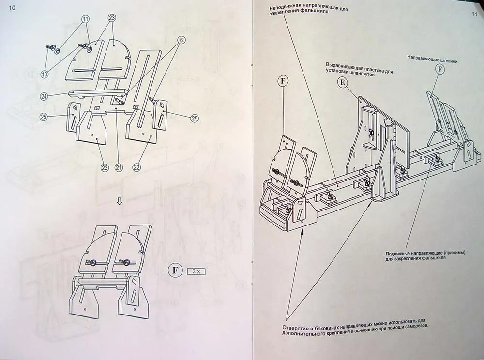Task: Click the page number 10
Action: [x=12, y=8]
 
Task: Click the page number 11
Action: [x=474, y=14]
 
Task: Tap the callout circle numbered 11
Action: [x=85, y=20]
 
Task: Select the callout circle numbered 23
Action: [x=112, y=18]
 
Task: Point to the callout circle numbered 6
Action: [x=181, y=40]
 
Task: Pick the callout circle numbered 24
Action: [x=44, y=97]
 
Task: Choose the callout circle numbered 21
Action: [x=119, y=167]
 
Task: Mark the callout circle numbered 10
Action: [x=45, y=74]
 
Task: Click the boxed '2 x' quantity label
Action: [x=196, y=271]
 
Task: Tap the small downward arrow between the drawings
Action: [x=119, y=202]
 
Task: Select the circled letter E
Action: [x=342, y=83]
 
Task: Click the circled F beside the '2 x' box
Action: [x=175, y=270]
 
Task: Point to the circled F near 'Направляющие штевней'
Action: [x=440, y=69]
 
